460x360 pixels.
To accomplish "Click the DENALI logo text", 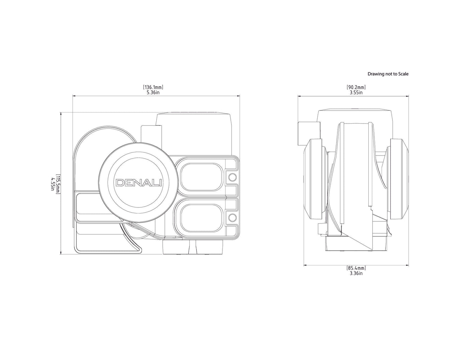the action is [x=139, y=183].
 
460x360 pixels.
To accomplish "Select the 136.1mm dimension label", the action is [x=153, y=87].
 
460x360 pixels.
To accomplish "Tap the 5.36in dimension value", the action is [x=153, y=92].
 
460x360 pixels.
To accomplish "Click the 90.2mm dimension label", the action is [x=356, y=87].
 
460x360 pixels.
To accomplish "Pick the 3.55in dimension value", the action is [x=356, y=92].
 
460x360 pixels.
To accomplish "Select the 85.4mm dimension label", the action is [x=356, y=268].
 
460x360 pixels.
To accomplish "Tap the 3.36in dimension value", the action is [x=356, y=273].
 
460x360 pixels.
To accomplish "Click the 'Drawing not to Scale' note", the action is [x=388, y=74].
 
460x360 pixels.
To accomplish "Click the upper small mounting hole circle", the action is [x=232, y=177].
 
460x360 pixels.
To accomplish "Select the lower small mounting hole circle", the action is [x=232, y=217].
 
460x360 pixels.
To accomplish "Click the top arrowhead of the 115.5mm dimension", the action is [x=61, y=114].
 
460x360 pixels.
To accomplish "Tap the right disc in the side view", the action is [x=399, y=179].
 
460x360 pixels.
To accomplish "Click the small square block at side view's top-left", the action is [x=309, y=133].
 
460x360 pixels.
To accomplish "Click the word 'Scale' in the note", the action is [x=403, y=74].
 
